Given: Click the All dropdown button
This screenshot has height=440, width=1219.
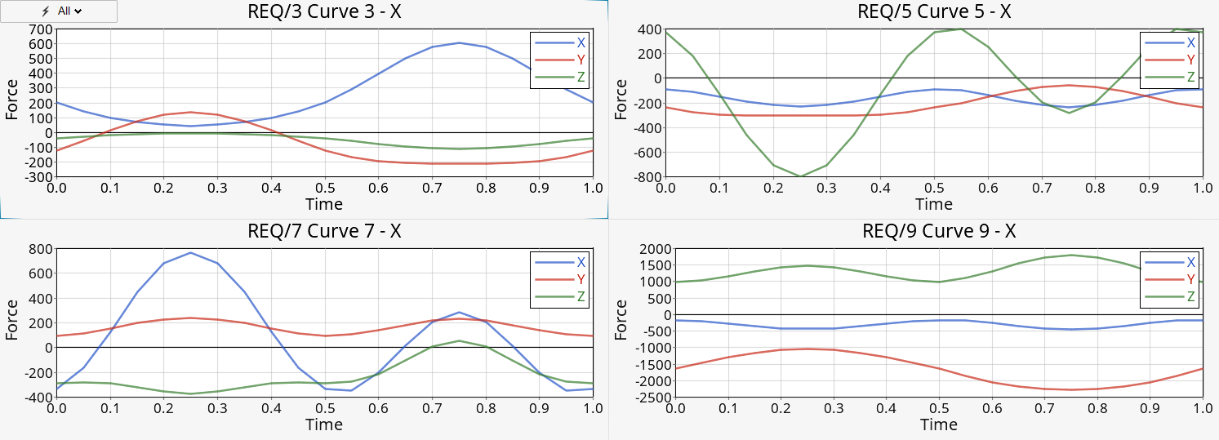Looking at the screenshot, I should coord(60,11).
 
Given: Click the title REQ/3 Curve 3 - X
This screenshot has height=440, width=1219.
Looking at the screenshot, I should coord(324,12).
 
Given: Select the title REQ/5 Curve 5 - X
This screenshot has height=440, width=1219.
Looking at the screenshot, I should coord(934,12).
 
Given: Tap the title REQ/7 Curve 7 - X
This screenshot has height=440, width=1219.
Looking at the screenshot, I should coord(324,231).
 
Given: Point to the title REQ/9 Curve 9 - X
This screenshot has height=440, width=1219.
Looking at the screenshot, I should coord(938,231).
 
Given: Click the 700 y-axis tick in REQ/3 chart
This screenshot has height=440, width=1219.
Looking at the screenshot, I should coord(41,29).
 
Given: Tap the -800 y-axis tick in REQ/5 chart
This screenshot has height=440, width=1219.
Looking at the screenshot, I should coord(646,177).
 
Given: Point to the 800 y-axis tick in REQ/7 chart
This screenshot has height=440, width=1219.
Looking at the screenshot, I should coord(41,249).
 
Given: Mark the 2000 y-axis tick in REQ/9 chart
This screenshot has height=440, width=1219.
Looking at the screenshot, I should coord(651,249).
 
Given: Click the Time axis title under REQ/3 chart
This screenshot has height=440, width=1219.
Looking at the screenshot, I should coord(324,204).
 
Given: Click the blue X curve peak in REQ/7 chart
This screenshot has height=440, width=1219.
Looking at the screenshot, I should coord(190,253).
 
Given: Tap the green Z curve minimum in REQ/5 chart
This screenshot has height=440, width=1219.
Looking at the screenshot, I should coord(801,176).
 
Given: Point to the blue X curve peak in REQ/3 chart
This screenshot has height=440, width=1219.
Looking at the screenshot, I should coord(458,42).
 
